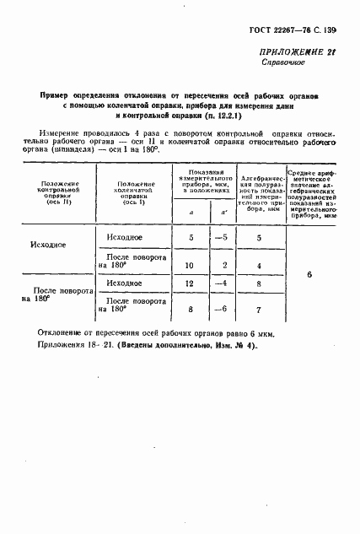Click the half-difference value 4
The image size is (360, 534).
coord(258,266)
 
